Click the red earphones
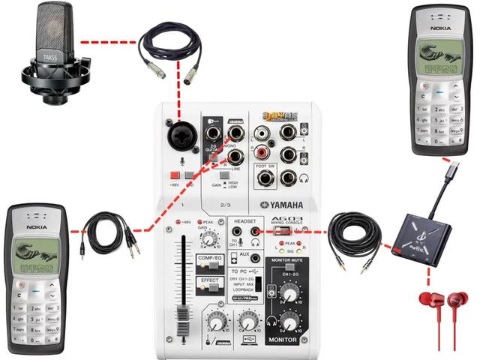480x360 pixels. click(x=443, y=319)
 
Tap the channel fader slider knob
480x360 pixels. click(x=180, y=316)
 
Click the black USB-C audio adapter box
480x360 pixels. click(x=421, y=233)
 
